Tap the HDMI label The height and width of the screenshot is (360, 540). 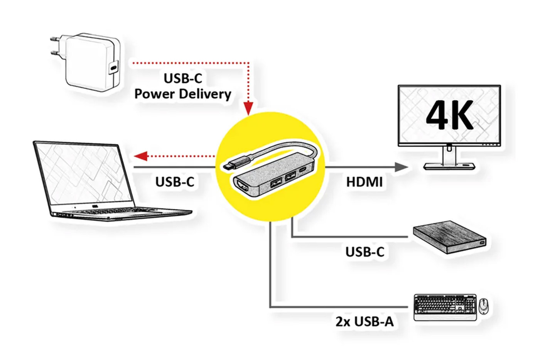[x=364, y=182]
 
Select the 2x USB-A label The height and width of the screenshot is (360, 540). [x=364, y=321]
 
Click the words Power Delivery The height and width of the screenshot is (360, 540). [x=183, y=94]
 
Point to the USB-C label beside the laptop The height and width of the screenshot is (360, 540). [x=175, y=182]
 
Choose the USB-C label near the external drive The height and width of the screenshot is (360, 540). [x=364, y=252]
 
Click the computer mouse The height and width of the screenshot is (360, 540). [x=483, y=306]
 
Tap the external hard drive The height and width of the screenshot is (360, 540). [x=449, y=237]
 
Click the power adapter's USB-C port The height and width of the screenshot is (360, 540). [x=113, y=67]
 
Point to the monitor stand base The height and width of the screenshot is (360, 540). [x=449, y=166]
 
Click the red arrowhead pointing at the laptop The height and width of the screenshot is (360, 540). [x=140, y=156]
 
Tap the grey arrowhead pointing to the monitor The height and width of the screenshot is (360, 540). [x=402, y=167]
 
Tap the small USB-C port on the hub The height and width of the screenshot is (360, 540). [x=304, y=169]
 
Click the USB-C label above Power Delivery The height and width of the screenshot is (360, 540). [x=183, y=78]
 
